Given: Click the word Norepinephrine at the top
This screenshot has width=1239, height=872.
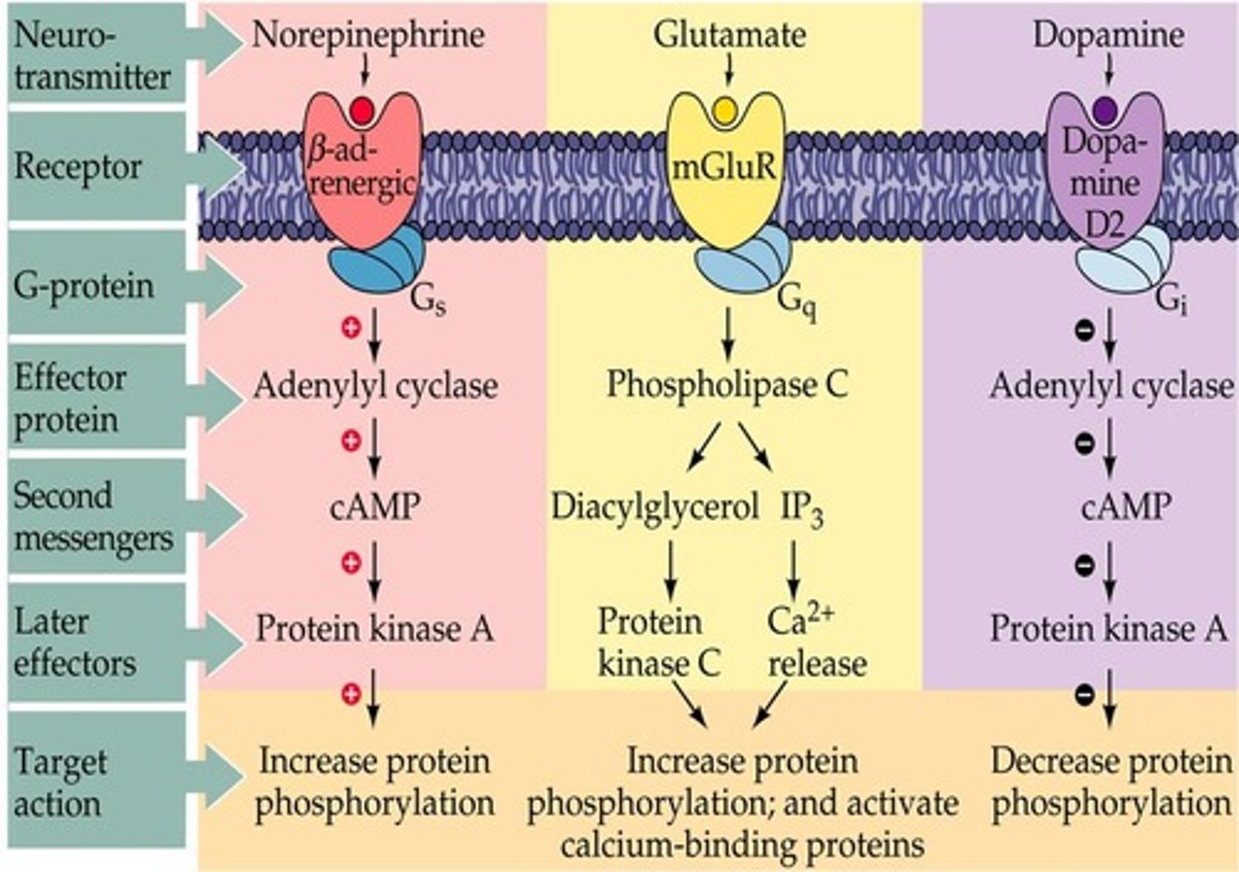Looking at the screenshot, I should click(x=368, y=36).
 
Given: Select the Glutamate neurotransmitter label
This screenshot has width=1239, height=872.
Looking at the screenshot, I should click(x=730, y=36).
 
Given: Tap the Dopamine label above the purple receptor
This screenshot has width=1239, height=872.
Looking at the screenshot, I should click(x=1108, y=36).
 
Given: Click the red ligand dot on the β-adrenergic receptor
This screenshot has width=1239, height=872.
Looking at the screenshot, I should click(x=362, y=110).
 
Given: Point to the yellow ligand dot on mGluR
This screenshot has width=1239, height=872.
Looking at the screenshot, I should click(x=725, y=110).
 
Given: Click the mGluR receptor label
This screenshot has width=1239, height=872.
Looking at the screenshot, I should click(x=724, y=167).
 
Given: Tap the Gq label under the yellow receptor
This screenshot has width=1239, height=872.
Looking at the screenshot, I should click(x=797, y=301).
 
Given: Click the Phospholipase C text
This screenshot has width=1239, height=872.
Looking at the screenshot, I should click(x=727, y=385).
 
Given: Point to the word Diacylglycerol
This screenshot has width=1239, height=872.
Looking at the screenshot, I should click(x=655, y=507).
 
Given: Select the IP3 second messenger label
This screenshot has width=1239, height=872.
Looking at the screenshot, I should click(x=802, y=509).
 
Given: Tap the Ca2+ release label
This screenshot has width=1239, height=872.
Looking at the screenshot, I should click(x=816, y=642).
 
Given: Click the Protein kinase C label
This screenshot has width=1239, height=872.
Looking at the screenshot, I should click(x=658, y=642).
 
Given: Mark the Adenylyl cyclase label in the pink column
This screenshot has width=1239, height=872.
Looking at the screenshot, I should click(x=375, y=386).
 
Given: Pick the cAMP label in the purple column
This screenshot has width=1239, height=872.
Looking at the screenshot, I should click(x=1125, y=507).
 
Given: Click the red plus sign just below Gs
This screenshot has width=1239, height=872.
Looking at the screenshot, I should click(x=350, y=328).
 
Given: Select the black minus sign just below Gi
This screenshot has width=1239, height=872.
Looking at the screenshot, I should click(x=1086, y=329).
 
